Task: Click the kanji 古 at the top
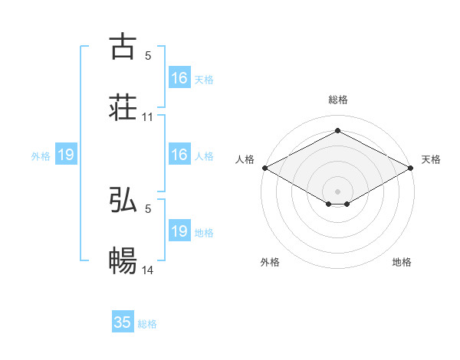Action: click(123, 46)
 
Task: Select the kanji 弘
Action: click(123, 200)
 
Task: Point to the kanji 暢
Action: click(123, 261)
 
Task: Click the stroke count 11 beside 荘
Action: click(148, 117)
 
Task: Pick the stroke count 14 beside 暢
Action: click(148, 271)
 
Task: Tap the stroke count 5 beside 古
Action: click(148, 55)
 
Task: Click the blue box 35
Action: click(123, 322)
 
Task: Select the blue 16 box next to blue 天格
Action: click(179, 78)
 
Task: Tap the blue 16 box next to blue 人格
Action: click(179, 155)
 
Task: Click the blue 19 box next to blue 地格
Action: click(179, 231)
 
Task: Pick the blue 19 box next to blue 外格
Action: click(66, 155)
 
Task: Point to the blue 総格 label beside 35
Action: click(147, 324)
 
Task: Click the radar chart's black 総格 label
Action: click(338, 100)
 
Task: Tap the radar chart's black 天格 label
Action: click(432, 159)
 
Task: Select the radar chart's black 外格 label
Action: click(270, 262)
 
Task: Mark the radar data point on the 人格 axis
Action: click(264, 167)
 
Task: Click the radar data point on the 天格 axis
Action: click(412, 167)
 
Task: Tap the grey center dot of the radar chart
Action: click(338, 190)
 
